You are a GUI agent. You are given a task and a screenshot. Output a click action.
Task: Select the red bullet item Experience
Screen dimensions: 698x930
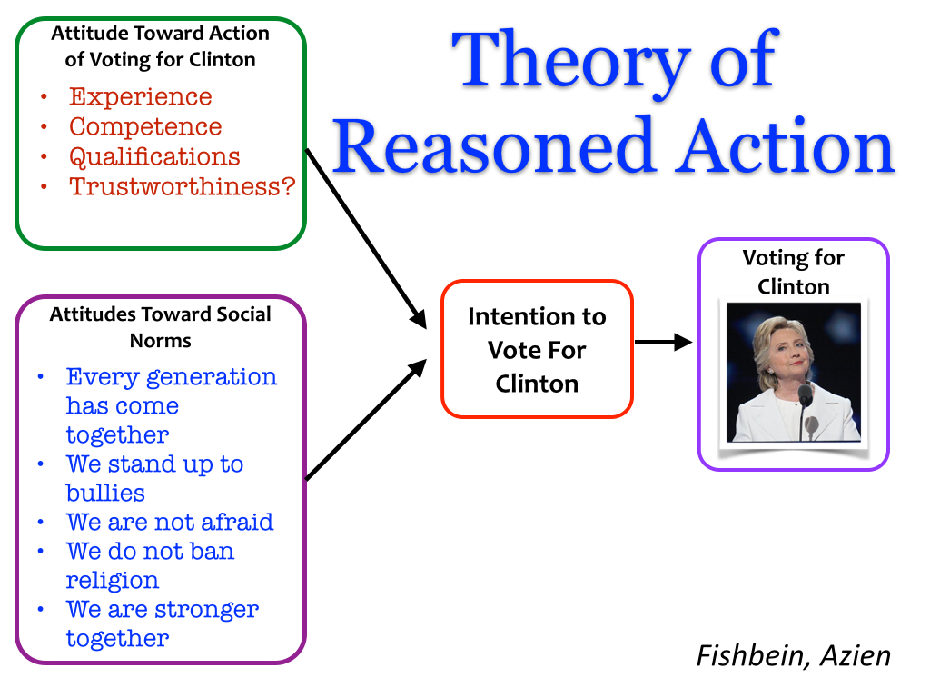pos(140,97)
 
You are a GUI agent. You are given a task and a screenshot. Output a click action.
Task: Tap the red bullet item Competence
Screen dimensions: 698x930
pos(145,126)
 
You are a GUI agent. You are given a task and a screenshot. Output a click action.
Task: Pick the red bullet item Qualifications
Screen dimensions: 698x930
pos(154,156)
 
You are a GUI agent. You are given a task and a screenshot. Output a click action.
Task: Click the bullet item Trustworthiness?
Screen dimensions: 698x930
pos(183,186)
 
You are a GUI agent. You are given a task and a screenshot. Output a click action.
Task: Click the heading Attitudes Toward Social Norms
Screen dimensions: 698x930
pos(160,327)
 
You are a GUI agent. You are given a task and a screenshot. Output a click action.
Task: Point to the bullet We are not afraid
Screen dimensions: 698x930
pos(169,523)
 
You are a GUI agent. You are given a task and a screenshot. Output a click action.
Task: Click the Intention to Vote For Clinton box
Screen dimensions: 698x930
pos(537,350)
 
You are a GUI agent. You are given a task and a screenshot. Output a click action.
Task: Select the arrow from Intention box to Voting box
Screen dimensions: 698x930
pos(663,343)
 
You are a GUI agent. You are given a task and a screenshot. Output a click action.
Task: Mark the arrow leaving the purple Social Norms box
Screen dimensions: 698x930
pos(367,418)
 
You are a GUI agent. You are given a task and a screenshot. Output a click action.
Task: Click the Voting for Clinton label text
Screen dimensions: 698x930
pos(793,272)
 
